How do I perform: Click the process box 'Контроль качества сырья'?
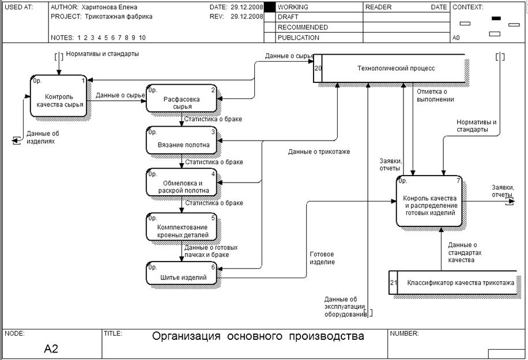click(x=59, y=96)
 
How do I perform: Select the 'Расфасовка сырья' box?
click(x=181, y=99)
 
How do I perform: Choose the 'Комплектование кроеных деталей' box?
click(x=181, y=227)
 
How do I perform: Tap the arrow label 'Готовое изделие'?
click(x=322, y=258)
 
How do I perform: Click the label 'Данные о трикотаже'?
click(x=319, y=152)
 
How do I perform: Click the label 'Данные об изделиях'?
click(x=43, y=137)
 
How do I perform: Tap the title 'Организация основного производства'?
click(x=258, y=336)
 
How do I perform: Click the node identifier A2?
click(x=51, y=348)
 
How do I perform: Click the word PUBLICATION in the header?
click(x=298, y=38)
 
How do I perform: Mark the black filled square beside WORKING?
click(x=269, y=7)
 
